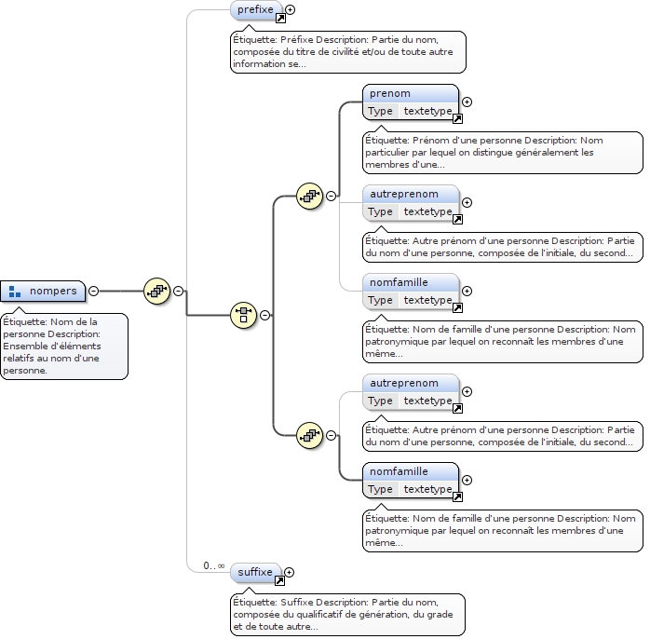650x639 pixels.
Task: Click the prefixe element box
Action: [x=255, y=10]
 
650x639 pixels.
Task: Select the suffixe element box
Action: [x=254, y=572]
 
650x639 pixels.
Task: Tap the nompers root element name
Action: [x=53, y=291]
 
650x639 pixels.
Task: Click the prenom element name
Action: [x=390, y=94]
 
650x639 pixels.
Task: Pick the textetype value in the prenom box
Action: [x=427, y=111]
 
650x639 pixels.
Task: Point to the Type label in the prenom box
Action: [x=380, y=111]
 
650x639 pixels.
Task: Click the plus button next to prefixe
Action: [x=291, y=10]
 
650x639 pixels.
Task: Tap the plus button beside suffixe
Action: [x=289, y=572]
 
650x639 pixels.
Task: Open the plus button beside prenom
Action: [x=467, y=102]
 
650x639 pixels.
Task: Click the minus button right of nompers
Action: [x=93, y=292]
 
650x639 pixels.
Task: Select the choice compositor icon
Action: [x=243, y=315]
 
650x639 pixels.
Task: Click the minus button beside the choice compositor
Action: [x=264, y=315]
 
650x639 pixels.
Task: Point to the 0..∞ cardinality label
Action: [x=213, y=565]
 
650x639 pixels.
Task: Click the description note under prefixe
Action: [x=348, y=52]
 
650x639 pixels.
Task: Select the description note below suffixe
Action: [x=347, y=614]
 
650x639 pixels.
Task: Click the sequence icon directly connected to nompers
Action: [x=156, y=291]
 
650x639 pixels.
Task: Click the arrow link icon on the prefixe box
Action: [x=279, y=19]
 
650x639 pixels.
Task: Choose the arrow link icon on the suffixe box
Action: [x=279, y=580]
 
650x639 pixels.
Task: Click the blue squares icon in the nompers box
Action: [x=15, y=292]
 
